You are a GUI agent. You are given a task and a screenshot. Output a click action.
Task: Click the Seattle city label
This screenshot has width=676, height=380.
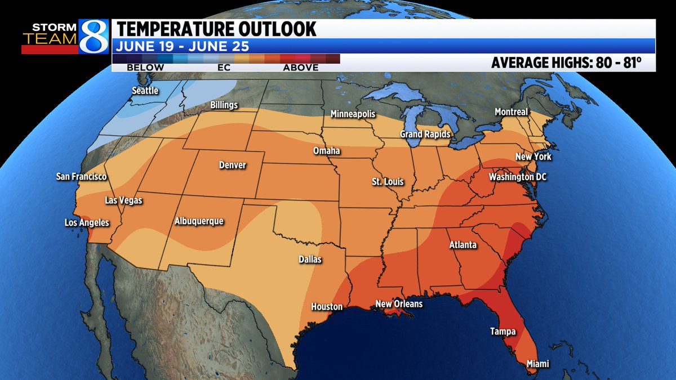pos(145,91)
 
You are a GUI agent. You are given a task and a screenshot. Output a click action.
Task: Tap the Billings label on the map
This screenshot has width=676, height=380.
pos(224,105)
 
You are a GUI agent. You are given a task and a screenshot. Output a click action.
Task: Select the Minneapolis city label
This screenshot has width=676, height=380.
pos(353,114)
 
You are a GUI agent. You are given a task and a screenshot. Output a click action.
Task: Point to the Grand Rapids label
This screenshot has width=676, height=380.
pos(425,134)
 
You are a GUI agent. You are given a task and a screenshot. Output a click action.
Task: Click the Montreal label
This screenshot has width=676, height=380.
pos(511,112)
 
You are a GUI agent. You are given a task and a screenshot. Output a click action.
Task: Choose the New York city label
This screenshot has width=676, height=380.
pos(533,157)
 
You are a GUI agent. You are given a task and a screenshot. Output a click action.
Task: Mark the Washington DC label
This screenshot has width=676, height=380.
pos(518,177)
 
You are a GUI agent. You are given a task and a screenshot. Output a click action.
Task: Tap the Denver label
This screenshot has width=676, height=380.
pos(233,165)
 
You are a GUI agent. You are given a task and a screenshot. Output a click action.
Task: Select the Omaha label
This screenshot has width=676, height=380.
pos(327,151)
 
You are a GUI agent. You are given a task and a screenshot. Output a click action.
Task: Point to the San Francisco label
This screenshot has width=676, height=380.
pos(82,176)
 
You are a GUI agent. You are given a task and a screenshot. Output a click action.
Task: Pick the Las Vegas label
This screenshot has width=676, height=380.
pos(123,200)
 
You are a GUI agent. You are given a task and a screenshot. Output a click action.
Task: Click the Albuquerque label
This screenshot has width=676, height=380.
pos(199,221)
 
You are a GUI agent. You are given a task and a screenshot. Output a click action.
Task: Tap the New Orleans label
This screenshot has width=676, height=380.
pos(399,304)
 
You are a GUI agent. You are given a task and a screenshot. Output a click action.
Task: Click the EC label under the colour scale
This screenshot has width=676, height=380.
pos(224,68)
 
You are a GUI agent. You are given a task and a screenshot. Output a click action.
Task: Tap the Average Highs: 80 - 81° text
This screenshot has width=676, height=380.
pos(566,62)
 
